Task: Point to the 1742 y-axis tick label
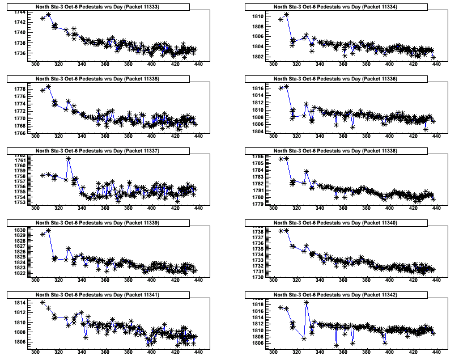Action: click(x=18, y=22)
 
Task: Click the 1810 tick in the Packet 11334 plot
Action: click(x=256, y=17)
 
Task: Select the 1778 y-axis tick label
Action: click(x=18, y=90)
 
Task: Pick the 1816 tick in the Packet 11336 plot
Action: click(x=256, y=89)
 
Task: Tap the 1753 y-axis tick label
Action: click(x=18, y=202)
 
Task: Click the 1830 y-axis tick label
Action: click(x=18, y=230)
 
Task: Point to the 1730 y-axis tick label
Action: click(x=256, y=277)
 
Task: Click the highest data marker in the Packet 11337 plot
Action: click(x=69, y=159)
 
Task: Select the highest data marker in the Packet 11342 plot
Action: click(x=307, y=303)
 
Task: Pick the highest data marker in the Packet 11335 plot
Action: click(x=48, y=87)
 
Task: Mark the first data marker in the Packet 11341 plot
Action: click(x=42, y=303)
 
